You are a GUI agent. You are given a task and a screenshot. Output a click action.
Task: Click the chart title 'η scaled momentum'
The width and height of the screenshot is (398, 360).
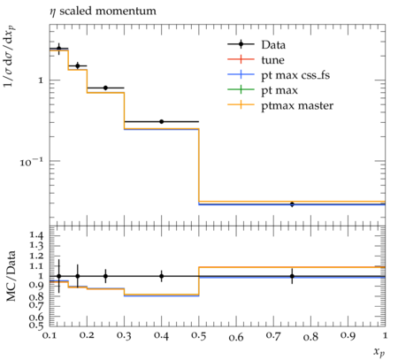click(103, 11)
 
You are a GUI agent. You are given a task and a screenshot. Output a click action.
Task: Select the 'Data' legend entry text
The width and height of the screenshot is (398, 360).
click(273, 45)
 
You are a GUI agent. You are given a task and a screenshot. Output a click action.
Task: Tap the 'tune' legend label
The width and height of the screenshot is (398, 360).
click(272, 60)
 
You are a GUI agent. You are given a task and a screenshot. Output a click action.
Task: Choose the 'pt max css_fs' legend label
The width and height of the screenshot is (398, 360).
click(295, 75)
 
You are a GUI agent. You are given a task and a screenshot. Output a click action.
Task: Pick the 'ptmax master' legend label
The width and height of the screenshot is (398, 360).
click(297, 106)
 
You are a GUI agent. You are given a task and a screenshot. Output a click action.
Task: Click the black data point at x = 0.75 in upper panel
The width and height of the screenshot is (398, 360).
click(292, 204)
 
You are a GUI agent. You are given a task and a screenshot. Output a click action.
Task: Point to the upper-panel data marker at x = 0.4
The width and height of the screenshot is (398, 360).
click(161, 121)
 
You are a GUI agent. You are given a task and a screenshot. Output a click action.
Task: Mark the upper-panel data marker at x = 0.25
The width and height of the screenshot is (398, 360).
click(105, 88)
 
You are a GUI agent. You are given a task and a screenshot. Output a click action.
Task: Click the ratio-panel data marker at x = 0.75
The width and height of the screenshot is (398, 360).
click(292, 276)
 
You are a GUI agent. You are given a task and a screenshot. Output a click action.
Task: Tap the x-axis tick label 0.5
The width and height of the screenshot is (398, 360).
click(199, 336)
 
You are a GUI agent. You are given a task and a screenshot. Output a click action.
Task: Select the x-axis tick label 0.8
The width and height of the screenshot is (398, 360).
click(310, 336)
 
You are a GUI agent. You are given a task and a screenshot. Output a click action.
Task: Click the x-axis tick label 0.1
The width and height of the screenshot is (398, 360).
click(50, 335)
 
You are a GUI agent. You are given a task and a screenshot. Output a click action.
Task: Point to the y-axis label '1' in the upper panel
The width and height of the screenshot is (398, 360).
click(41, 80)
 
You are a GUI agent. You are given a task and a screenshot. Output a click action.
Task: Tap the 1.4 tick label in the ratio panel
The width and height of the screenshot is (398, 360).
click(36, 235)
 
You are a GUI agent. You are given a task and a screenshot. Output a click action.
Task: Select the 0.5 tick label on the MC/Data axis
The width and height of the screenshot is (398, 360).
click(36, 326)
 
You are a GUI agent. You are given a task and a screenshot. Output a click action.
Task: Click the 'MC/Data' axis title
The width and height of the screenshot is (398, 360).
click(11, 276)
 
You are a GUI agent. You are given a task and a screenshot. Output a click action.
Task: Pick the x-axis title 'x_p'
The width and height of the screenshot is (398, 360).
click(379, 352)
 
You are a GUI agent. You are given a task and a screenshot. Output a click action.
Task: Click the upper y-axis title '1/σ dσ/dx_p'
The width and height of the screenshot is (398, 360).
click(10, 57)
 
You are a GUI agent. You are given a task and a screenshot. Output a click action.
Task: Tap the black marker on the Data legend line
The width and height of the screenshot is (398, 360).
click(241, 44)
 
